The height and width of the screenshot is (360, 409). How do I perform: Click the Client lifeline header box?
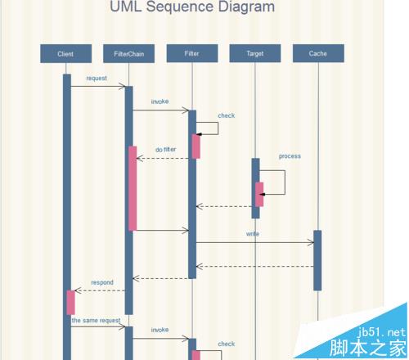point(66,54)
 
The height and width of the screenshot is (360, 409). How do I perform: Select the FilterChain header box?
point(128,54)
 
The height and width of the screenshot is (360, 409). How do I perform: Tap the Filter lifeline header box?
point(192,53)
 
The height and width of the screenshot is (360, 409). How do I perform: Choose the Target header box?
point(255,53)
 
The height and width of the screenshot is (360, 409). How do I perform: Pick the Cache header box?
point(318,53)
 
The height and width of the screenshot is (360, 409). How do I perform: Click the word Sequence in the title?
point(180,7)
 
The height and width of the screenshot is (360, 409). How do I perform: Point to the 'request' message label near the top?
point(97,79)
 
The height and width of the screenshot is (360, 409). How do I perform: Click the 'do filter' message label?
point(166,150)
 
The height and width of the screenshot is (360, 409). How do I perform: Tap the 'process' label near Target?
point(290,156)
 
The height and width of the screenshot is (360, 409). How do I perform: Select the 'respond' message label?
point(102,282)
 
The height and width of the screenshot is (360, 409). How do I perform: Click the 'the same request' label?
point(96,321)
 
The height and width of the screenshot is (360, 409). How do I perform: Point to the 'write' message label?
point(253,234)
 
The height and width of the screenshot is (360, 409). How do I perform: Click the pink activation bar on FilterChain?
point(133,188)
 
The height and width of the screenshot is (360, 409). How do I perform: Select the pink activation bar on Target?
point(259,195)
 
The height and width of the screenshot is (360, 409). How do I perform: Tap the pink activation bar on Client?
point(70,303)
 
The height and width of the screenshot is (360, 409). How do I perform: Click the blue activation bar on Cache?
point(317,260)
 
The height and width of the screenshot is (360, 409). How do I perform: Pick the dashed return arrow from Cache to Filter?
point(254,267)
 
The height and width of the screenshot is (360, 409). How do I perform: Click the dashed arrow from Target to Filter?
point(224,206)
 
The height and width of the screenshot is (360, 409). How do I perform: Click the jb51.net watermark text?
point(382,332)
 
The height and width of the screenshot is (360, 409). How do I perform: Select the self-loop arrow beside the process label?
point(285,182)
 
